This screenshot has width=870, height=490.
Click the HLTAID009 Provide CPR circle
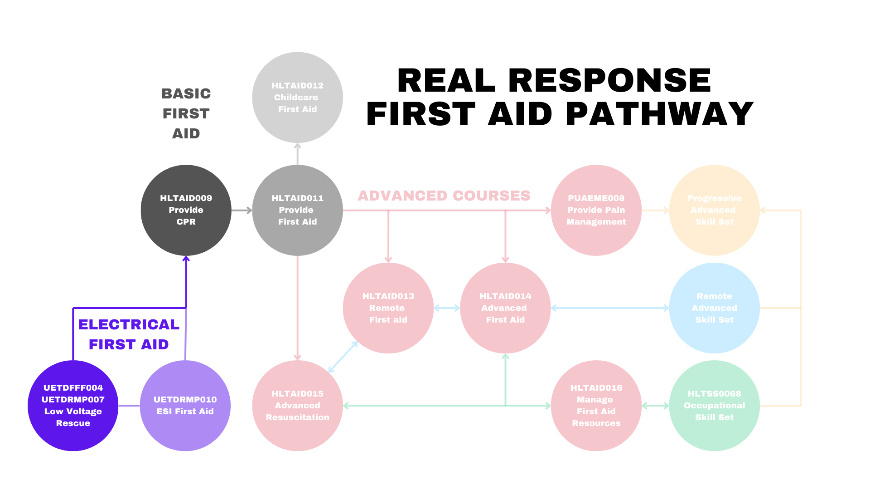[x=186, y=210]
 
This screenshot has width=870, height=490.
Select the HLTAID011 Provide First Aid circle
[x=297, y=210]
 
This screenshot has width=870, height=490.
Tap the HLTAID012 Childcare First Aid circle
[x=297, y=98]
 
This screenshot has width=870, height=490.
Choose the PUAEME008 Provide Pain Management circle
[x=596, y=210]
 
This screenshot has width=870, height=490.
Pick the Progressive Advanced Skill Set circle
[x=714, y=210]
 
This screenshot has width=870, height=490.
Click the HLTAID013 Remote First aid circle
[x=388, y=308]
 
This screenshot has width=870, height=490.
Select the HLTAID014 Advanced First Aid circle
[x=505, y=308]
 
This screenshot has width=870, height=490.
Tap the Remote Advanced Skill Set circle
[x=714, y=308]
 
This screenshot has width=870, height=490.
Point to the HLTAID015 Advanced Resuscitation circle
[x=297, y=406]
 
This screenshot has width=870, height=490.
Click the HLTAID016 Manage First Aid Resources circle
[x=596, y=406]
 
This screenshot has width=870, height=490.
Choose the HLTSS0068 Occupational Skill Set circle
[x=714, y=406]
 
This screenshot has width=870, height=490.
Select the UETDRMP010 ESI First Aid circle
[x=185, y=406]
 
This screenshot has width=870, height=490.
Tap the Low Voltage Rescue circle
[x=73, y=406]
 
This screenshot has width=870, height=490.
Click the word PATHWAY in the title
[x=659, y=114]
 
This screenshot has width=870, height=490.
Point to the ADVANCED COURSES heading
[x=444, y=196]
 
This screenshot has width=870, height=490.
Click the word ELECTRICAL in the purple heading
[x=129, y=324]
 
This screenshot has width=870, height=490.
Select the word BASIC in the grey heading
[x=186, y=93]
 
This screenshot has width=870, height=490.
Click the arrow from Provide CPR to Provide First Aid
[x=242, y=210]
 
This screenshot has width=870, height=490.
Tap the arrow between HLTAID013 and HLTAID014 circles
[x=447, y=308]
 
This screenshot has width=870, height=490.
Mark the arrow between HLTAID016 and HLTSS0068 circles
[x=655, y=406]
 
